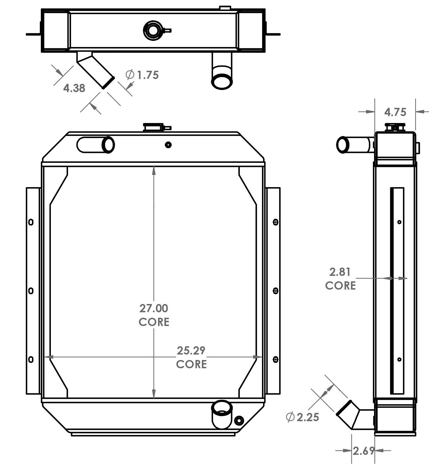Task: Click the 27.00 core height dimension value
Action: (x=154, y=308)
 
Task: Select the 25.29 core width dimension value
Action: (x=191, y=351)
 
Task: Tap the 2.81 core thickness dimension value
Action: (x=340, y=272)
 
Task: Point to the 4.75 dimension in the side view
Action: (x=395, y=112)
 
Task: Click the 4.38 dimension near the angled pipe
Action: (x=74, y=88)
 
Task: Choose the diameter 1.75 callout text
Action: (x=143, y=75)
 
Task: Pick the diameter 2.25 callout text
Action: (x=303, y=417)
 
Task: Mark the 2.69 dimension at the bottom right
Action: (x=363, y=450)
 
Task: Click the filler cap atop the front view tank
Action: (x=154, y=127)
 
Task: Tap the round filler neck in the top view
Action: (x=153, y=30)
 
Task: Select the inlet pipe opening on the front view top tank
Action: (x=108, y=145)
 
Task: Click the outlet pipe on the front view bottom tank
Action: (x=222, y=409)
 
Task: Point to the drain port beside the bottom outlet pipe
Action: (x=239, y=420)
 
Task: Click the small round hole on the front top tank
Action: (x=168, y=145)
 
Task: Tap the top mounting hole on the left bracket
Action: (x=31, y=222)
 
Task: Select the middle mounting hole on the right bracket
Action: (x=275, y=291)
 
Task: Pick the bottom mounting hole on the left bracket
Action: (x=31, y=360)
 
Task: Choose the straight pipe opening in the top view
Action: (x=222, y=81)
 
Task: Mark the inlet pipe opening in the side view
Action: (x=342, y=145)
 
